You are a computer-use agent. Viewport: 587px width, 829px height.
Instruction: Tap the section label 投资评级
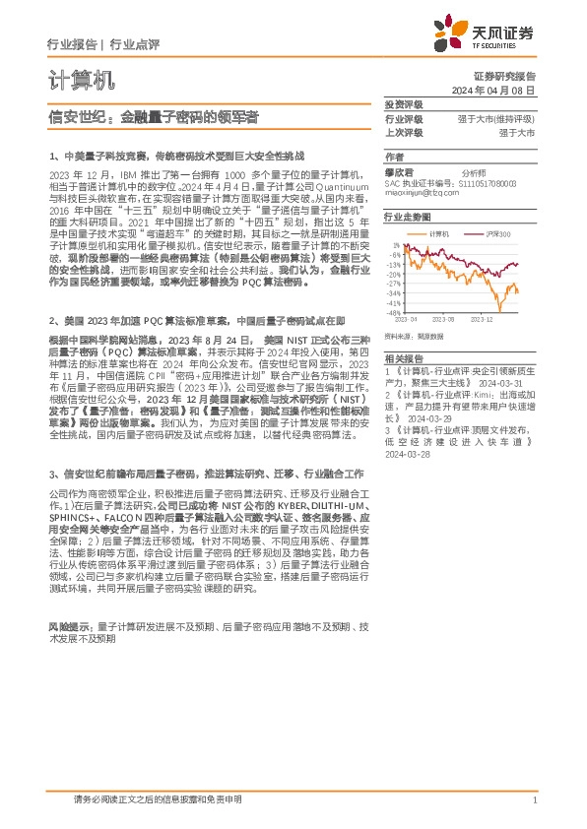[x=403, y=103]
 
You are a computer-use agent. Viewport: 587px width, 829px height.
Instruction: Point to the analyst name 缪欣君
[x=398, y=171]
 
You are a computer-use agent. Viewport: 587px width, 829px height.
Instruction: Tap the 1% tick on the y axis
[x=396, y=244]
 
